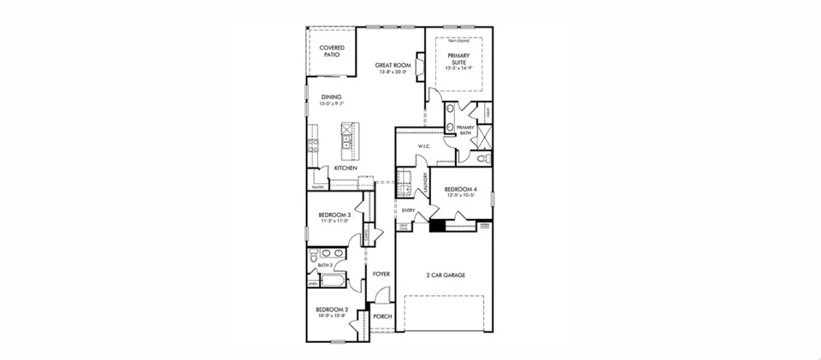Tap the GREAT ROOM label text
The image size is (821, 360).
click(392, 65)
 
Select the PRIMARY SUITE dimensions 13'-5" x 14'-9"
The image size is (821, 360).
click(459, 68)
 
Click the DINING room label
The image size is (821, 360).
click(331, 97)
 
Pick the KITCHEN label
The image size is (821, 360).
click(345, 168)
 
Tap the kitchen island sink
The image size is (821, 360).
click(347, 142)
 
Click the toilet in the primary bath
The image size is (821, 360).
click(482, 159)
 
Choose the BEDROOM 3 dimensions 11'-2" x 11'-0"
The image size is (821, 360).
click(335, 221)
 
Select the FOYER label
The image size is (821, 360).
click(381, 274)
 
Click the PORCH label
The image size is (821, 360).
click(382, 316)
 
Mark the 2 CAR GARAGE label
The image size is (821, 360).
click(445, 275)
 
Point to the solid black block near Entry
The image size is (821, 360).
click(436, 227)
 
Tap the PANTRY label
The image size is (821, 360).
click(317, 186)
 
